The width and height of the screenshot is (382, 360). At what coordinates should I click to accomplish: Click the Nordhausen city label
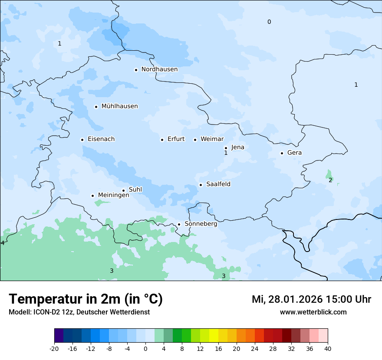coord(159,69)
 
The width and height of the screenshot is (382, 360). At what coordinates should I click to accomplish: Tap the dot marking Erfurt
coord(162,140)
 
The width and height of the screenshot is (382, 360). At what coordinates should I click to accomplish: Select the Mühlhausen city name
coord(119,106)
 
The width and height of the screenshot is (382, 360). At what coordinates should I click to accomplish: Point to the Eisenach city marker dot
coord(82,140)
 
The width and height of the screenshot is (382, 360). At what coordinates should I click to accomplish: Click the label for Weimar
coord(212,139)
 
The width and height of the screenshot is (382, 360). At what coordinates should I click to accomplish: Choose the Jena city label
coord(237,147)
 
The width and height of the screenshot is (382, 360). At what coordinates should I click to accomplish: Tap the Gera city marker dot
coord(282,153)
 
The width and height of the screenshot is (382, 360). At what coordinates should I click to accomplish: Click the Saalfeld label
coord(218,184)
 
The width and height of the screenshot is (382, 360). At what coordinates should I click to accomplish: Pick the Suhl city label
coord(135,190)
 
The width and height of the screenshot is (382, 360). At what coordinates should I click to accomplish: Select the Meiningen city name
coord(113,195)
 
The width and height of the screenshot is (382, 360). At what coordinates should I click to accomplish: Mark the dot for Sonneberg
coord(179,225)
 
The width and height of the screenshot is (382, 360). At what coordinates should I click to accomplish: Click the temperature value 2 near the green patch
coord(330,180)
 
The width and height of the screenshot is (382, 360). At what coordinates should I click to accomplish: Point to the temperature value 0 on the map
coord(269,22)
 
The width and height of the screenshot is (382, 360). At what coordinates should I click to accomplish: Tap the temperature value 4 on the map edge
coord(3,243)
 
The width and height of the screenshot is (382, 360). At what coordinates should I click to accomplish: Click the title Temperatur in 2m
coord(86,299)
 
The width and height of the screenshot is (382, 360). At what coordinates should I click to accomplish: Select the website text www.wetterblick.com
coord(313,312)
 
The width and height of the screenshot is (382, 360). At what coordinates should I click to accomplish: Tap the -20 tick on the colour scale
coord(54,349)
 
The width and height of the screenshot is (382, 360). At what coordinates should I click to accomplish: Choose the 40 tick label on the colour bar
coord(328,349)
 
